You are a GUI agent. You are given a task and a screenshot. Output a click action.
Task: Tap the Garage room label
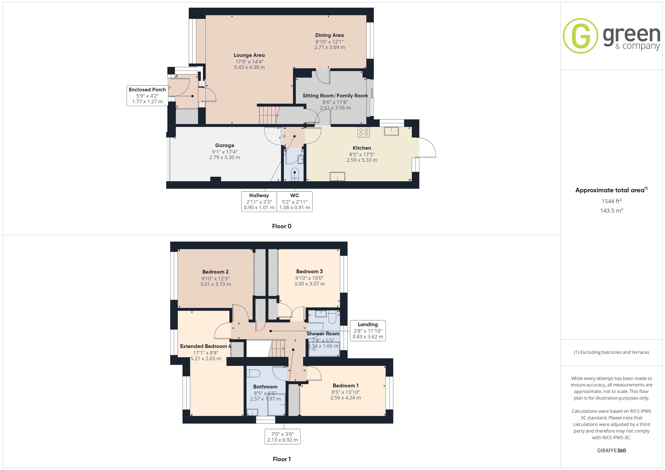point(224,145)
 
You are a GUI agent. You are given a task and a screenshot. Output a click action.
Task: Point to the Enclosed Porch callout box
point(147,95)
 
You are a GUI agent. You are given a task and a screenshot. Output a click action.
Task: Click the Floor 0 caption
point(282,226)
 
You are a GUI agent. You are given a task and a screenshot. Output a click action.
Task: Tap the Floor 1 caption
point(282,459)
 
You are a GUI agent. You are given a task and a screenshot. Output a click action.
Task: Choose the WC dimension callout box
point(295,201)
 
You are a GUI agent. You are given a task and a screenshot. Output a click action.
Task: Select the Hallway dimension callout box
point(259,201)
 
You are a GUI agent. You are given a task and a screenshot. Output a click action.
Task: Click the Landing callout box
point(368,330)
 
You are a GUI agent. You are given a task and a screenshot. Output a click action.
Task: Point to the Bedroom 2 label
point(215,272)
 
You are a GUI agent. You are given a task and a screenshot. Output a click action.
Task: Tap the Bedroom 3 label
point(309,271)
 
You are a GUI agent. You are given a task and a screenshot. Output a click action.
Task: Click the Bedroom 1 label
point(346,385)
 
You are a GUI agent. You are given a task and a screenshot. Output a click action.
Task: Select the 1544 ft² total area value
point(611,201)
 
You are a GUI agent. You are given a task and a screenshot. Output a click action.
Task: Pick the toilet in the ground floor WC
point(295,174)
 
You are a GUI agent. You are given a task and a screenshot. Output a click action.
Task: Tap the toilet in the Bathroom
point(253,373)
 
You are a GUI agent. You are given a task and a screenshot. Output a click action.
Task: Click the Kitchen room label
point(362,148)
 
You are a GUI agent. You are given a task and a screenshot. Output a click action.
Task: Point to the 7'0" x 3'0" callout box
point(282,437)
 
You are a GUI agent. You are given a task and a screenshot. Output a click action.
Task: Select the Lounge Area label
point(249,55)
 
